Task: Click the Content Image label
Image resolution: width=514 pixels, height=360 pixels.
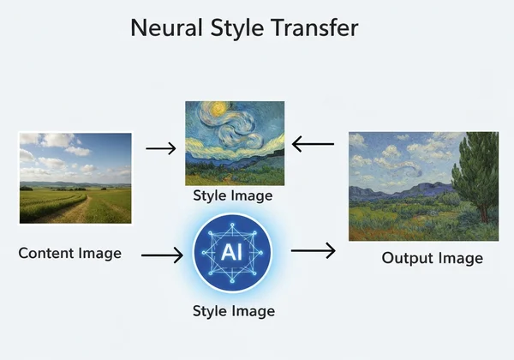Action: pyautogui.click(x=69, y=253)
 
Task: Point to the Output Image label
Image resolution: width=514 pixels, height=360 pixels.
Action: pyautogui.click(x=432, y=258)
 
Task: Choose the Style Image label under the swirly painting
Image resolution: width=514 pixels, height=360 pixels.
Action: pyautogui.click(x=232, y=195)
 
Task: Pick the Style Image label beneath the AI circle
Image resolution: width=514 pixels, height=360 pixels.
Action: pyautogui.click(x=232, y=309)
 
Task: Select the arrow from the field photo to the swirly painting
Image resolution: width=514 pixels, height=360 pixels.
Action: pyautogui.click(x=160, y=148)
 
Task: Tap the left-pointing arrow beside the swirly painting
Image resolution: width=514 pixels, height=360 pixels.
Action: pyautogui.click(x=313, y=144)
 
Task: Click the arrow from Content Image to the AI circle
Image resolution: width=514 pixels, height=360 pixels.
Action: pyautogui.click(x=162, y=254)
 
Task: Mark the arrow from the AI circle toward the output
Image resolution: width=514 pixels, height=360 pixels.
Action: pyautogui.click(x=313, y=251)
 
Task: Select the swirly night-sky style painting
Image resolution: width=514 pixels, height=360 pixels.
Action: pyautogui.click(x=234, y=142)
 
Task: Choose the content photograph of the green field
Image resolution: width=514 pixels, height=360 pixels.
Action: pyautogui.click(x=75, y=177)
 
